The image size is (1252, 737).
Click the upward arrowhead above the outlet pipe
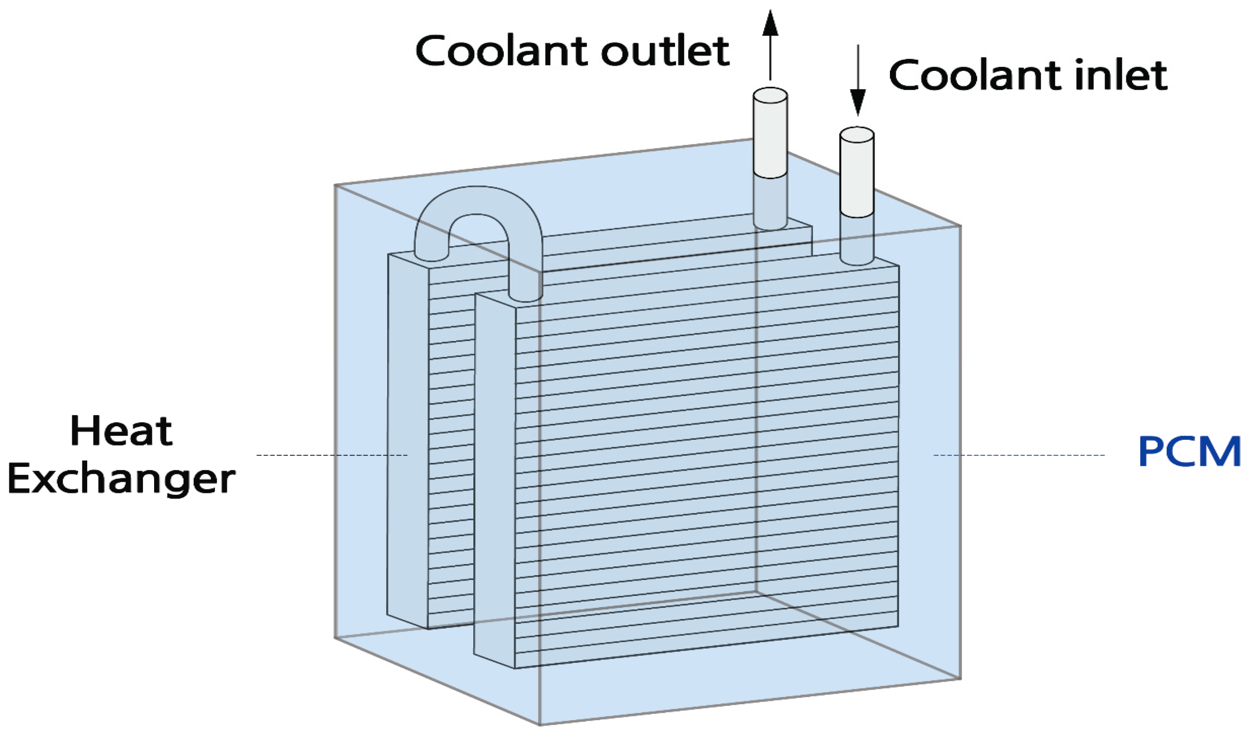[x=770, y=22]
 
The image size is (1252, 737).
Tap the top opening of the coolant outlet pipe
[x=770, y=94]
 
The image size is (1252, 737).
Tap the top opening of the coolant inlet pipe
[x=857, y=134]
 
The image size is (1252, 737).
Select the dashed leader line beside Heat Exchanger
[x=331, y=455]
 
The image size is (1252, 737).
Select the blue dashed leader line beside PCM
[x=1018, y=455]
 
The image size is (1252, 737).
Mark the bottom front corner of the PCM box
[x=540, y=724]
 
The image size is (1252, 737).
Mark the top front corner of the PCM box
[x=540, y=272]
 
